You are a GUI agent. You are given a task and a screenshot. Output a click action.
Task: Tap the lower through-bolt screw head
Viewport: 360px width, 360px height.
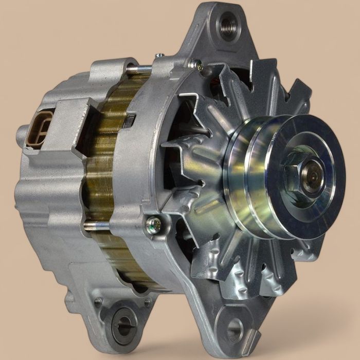(x=153, y=223)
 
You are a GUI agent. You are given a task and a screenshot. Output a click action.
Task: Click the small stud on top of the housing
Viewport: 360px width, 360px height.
(x=160, y=55)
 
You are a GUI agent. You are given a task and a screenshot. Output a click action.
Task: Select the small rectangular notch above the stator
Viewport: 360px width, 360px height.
(x=130, y=121)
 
